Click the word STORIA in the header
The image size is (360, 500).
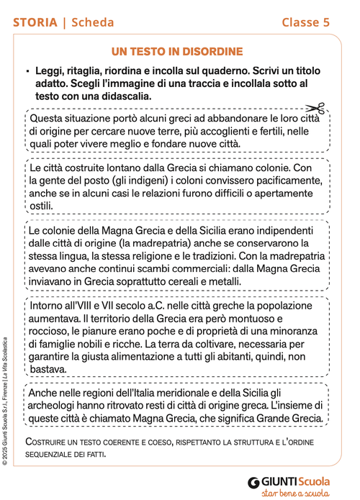[35, 22]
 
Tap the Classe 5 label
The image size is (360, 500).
[305, 22]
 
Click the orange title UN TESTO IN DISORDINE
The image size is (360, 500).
[177, 51]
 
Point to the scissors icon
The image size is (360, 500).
[320, 109]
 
